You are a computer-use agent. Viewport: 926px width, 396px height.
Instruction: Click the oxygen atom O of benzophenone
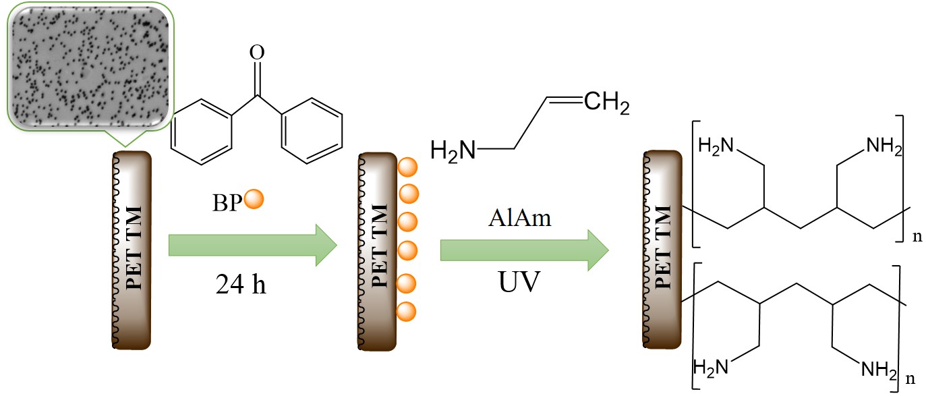255,53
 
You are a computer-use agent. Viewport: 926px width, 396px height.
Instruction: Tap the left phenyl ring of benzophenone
202,130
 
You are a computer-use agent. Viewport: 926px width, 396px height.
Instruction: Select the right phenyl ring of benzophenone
308,130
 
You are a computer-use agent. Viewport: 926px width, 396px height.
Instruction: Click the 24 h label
241,285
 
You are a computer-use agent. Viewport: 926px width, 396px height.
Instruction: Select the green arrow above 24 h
252,244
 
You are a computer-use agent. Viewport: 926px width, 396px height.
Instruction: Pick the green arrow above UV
524,249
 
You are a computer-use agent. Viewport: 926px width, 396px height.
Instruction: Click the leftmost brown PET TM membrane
134,250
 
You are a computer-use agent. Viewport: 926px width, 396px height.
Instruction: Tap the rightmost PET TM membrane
662,250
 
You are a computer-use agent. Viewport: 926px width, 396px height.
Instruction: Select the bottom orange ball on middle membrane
407,311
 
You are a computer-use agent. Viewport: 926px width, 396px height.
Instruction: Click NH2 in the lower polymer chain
879,369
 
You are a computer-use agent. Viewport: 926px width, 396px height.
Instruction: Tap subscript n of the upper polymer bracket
915,237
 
